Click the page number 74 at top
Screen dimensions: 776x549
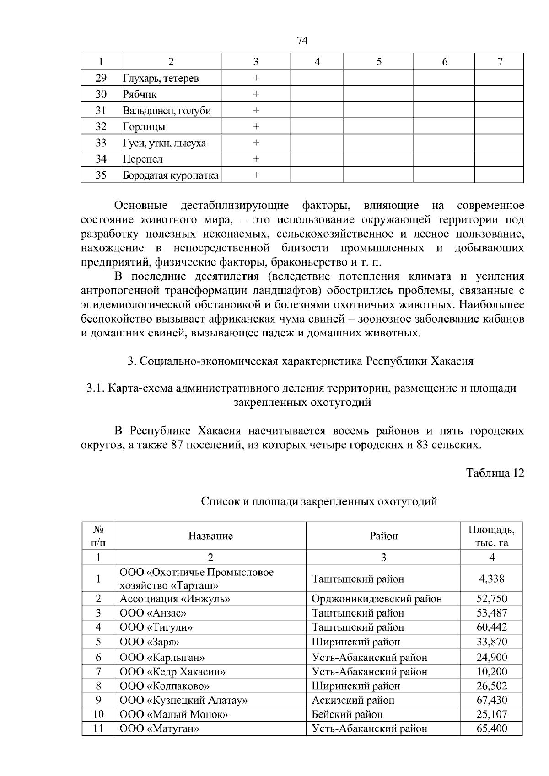point(302,41)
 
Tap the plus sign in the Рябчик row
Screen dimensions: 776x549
point(256,94)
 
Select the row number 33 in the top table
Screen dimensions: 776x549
point(101,143)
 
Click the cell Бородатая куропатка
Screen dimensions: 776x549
point(170,175)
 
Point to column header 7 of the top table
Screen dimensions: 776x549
point(500,62)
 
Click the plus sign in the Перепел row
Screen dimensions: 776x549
point(256,159)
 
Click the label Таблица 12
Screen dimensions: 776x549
point(495,473)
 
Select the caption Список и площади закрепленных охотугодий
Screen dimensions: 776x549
point(319,501)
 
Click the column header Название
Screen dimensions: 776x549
point(210,536)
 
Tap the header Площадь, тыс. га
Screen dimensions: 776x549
point(491,536)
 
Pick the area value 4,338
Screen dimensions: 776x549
point(491,579)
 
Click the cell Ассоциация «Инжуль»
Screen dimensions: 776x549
point(175,599)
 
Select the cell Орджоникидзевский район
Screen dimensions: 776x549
point(377,599)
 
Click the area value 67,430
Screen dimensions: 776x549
point(491,700)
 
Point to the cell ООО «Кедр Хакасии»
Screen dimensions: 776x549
point(172,672)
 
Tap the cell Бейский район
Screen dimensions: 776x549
point(347,714)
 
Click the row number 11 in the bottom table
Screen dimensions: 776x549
point(98,728)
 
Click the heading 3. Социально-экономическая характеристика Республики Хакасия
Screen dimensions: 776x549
point(300,361)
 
